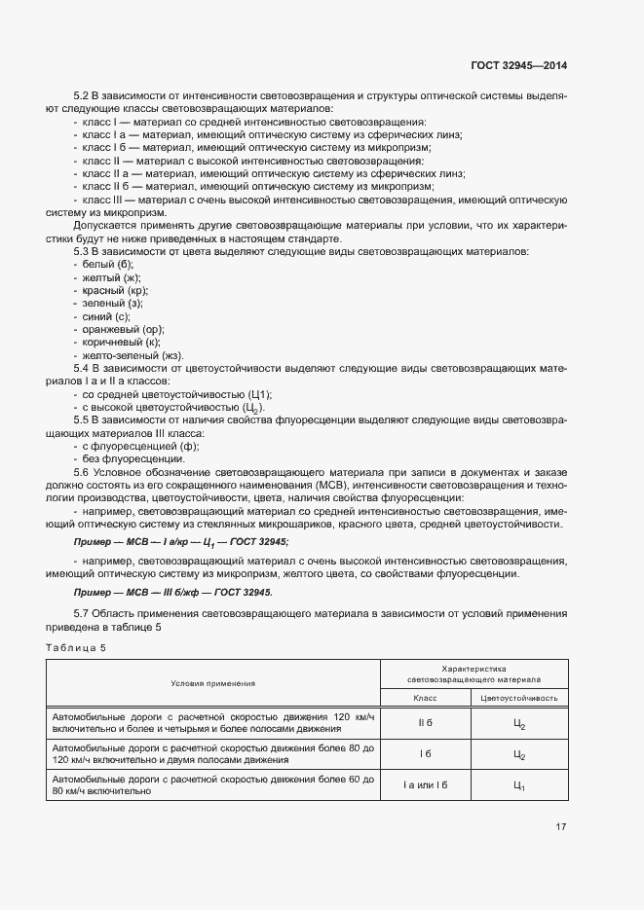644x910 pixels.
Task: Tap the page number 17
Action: (x=560, y=827)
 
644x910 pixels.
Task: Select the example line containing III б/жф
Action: (x=173, y=592)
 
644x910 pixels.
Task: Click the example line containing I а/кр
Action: (x=181, y=541)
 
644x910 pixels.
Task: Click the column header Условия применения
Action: (x=212, y=683)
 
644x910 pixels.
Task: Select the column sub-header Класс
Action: (x=425, y=698)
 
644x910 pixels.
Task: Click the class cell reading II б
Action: (x=425, y=724)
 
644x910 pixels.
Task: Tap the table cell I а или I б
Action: (x=425, y=785)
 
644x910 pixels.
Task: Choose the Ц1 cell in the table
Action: (x=518, y=786)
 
